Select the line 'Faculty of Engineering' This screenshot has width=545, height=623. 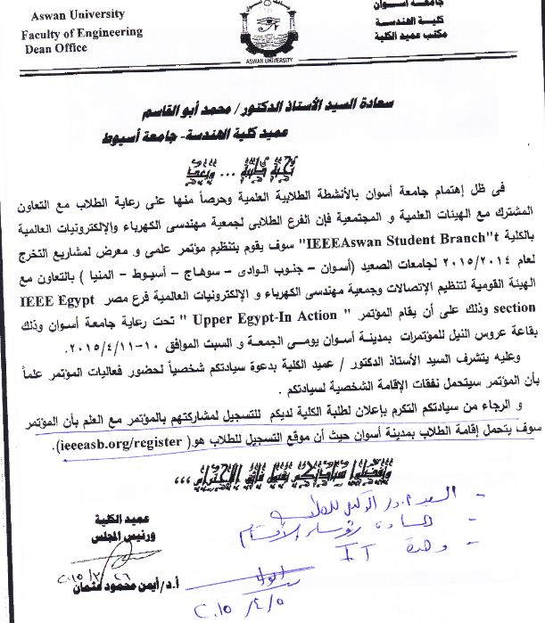81,33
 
